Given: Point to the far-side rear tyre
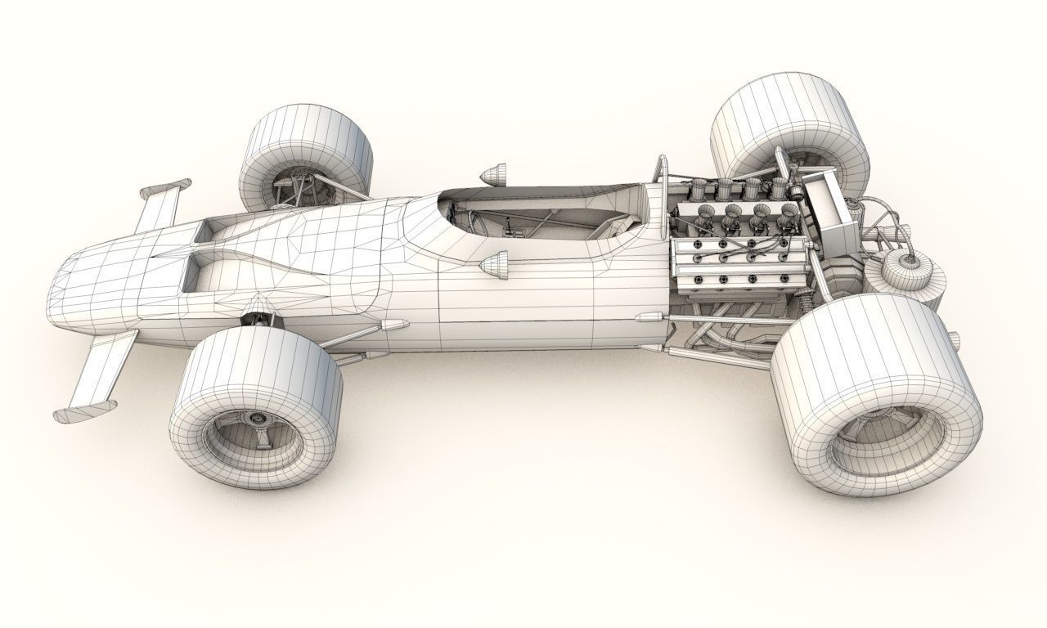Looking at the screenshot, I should click(785, 131).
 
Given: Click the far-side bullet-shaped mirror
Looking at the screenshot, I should click(492, 173).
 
